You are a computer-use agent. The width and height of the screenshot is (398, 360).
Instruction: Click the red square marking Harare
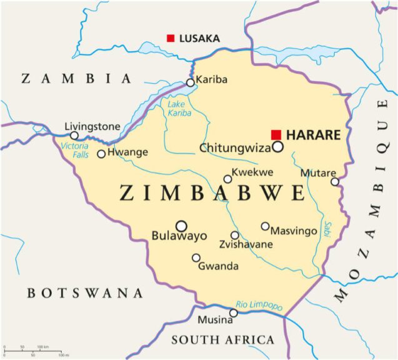[276, 134]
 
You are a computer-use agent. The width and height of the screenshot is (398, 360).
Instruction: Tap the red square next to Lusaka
[171, 38]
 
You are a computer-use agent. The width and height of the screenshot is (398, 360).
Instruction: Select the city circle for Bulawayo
[181, 226]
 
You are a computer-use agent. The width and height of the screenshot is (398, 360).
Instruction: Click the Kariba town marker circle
[191, 82]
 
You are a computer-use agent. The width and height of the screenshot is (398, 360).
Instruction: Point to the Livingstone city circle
[74, 136]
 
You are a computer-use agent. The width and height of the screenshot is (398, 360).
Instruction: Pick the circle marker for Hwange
[101, 154]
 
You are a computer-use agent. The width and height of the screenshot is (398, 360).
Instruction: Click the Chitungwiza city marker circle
[277, 147]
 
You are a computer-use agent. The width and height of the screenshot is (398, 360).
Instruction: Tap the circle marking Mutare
[335, 182]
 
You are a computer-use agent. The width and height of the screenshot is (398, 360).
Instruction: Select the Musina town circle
[234, 312]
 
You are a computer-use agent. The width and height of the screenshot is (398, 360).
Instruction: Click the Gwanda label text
[218, 266]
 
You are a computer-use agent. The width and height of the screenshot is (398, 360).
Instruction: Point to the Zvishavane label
[246, 244]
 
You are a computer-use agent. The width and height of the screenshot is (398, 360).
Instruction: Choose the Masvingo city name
[294, 231]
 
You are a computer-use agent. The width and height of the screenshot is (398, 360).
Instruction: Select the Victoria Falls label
[74, 150]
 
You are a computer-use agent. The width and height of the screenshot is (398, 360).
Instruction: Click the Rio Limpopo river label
[259, 304]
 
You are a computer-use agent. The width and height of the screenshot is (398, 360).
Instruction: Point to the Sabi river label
[327, 228]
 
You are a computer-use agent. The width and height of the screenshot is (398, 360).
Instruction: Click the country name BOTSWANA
[85, 293]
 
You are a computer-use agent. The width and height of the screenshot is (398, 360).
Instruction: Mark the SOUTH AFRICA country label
[222, 340]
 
